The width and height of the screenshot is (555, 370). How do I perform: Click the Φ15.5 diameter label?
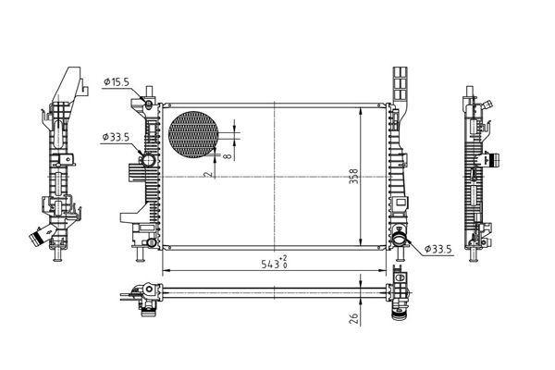(117, 82)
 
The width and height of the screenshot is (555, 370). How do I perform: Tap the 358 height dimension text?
(353, 176)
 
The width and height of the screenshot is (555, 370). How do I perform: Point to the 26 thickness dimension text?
(354, 318)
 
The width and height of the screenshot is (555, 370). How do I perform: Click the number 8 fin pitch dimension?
(228, 155)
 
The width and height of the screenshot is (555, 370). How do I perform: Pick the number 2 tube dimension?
(209, 174)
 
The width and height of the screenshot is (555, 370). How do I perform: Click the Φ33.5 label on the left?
(116, 137)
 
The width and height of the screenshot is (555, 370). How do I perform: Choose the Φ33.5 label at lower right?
(438, 249)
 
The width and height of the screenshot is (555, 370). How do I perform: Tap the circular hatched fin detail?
(193, 134)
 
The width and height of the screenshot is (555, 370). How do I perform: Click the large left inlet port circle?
(148, 160)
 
